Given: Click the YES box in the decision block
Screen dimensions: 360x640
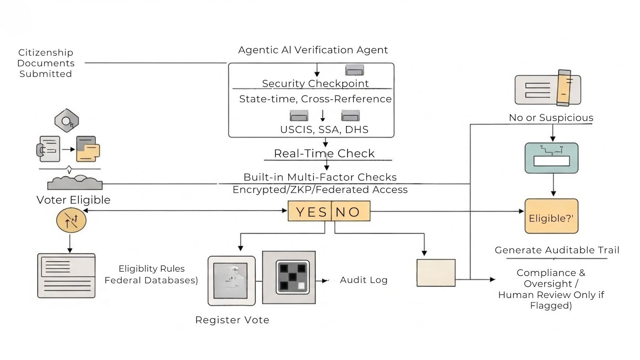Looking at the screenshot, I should [310, 211].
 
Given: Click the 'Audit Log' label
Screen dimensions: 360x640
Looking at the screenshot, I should [364, 280].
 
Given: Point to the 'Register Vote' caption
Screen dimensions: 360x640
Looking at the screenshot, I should [232, 320].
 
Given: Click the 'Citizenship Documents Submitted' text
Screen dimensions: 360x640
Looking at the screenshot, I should [46, 63].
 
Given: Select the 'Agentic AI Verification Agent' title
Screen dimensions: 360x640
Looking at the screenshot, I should [313, 50].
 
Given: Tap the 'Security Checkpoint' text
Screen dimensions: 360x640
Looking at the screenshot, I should [315, 84].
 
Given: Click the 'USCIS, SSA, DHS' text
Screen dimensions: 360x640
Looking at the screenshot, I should [324, 130].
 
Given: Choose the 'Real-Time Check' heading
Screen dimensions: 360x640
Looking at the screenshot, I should [324, 154].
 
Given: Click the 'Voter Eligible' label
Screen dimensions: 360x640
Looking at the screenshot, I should [73, 200].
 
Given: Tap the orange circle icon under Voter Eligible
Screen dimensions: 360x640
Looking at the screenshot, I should [71, 220].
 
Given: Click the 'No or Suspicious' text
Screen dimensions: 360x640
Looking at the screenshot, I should [551, 118].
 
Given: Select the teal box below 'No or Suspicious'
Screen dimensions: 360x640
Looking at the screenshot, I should [551, 158].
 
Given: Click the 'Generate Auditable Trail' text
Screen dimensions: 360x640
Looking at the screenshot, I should [557, 250].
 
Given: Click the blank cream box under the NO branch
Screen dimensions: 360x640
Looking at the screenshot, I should [436, 273].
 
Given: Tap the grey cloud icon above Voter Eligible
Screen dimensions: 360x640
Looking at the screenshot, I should [75, 183].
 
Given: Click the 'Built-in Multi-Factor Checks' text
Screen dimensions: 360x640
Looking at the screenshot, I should [320, 177].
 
